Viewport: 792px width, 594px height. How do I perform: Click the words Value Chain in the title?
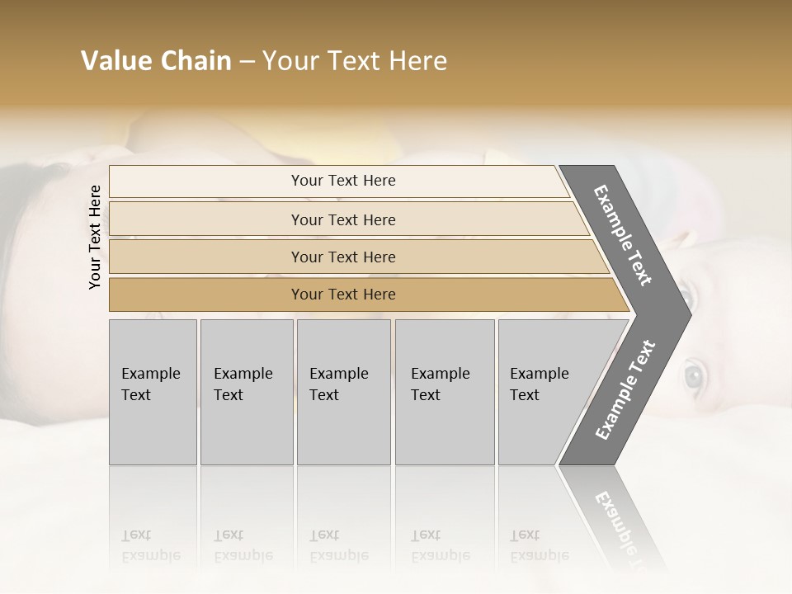tap(156, 61)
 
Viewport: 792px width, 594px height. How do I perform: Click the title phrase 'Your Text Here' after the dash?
tap(355, 61)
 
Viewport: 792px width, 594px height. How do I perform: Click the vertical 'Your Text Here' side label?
tap(95, 237)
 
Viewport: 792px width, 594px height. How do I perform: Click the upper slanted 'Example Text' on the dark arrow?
tap(623, 235)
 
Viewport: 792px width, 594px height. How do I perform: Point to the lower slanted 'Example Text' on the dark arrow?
tap(625, 389)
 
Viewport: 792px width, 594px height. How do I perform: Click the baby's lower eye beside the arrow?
tap(694, 377)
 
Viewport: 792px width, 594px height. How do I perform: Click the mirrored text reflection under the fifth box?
tap(539, 545)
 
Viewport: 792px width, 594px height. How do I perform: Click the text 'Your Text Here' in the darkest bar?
tap(343, 295)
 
